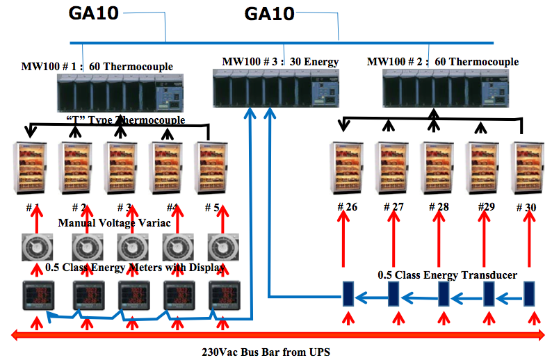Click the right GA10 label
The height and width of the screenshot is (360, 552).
269,13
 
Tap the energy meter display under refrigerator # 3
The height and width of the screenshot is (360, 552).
131,295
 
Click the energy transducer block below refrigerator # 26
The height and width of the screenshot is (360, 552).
348,295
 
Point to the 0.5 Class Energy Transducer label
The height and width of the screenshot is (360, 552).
447,275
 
